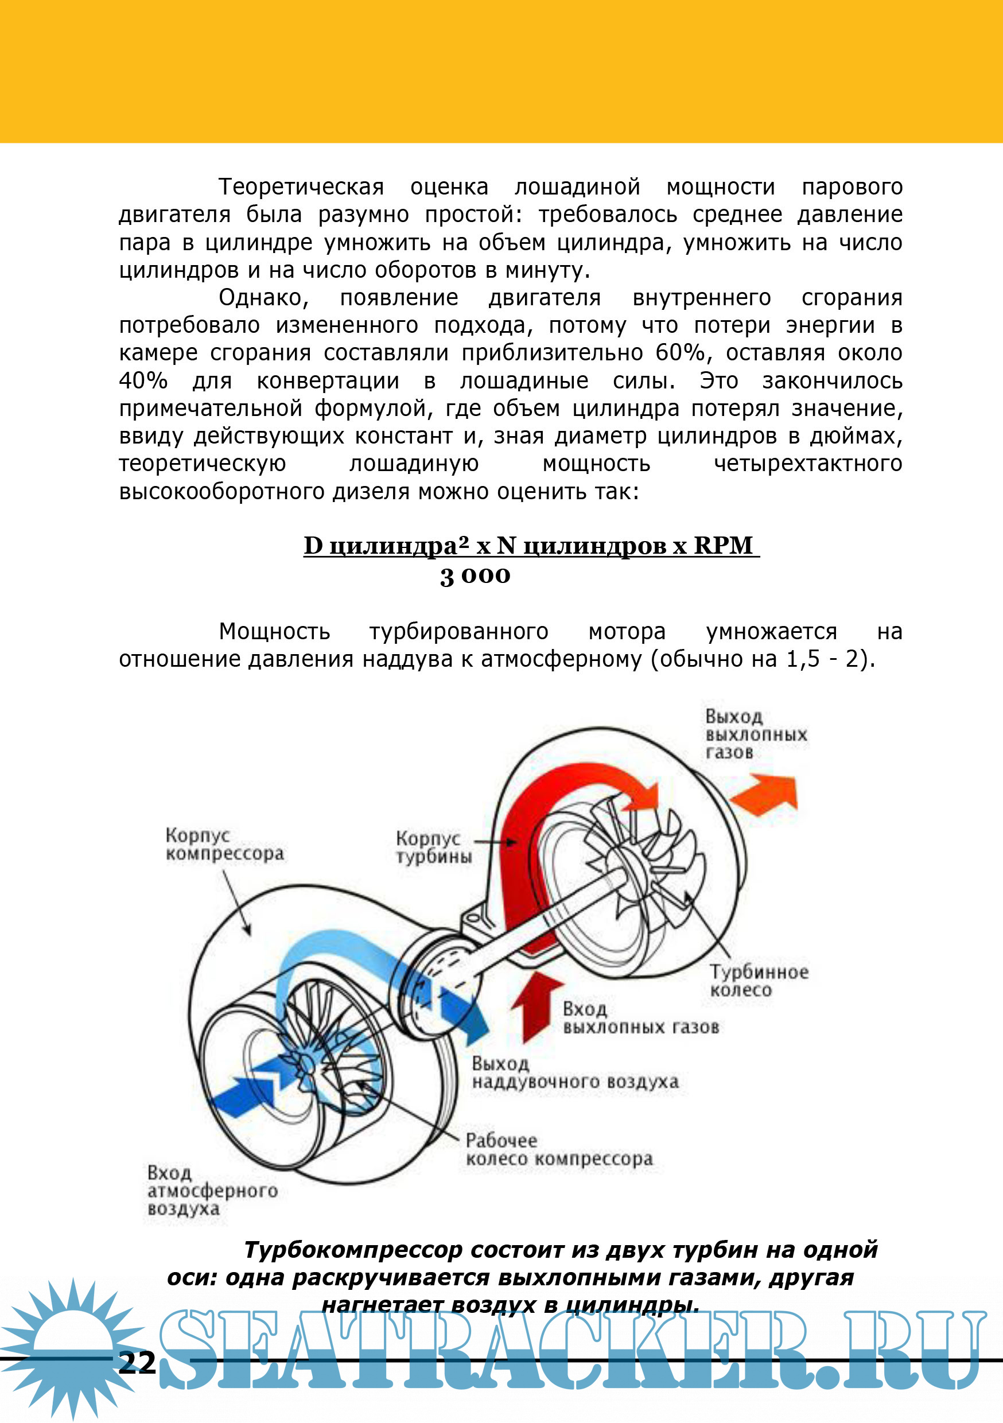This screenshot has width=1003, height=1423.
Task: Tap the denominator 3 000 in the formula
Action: (475, 576)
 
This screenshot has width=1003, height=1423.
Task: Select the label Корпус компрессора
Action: (224, 844)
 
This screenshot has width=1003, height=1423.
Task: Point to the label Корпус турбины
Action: (433, 847)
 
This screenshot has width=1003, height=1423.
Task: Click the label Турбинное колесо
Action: (759, 980)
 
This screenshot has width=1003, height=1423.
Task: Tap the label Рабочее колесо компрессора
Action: (559, 1150)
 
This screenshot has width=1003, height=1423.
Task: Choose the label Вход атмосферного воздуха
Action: (211, 1191)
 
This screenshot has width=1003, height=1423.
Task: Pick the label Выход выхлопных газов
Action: (756, 734)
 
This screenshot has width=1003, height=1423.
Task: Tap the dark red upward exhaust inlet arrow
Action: (534, 1004)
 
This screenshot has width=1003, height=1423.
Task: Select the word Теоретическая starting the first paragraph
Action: (301, 186)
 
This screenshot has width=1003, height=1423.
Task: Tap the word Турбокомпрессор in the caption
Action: (353, 1250)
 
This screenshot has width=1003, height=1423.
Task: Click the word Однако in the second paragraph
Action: (263, 297)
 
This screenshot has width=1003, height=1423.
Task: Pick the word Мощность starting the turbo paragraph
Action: (274, 631)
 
